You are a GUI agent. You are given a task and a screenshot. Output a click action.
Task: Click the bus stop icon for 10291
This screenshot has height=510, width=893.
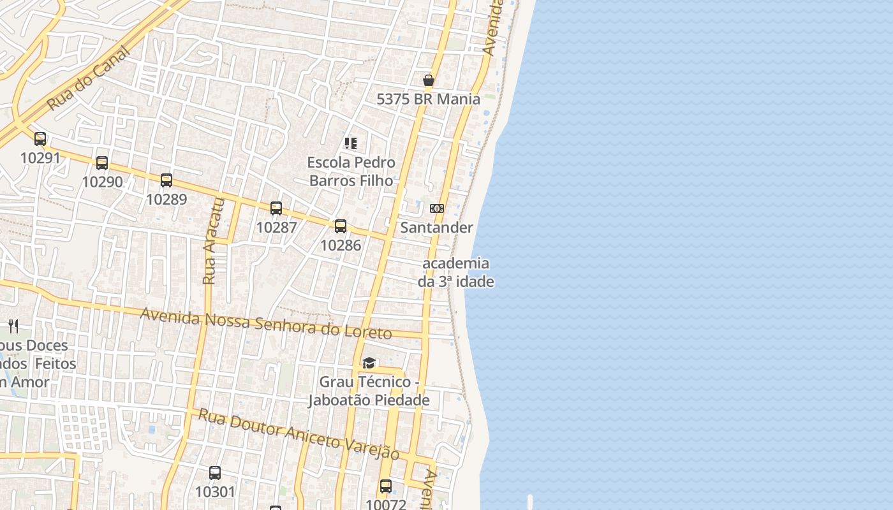pyautogui.click(x=40, y=138)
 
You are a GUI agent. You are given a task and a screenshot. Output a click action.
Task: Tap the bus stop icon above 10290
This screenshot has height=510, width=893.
pyautogui.click(x=102, y=163)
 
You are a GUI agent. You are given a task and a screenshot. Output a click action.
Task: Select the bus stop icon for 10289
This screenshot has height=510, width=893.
pyautogui.click(x=166, y=180)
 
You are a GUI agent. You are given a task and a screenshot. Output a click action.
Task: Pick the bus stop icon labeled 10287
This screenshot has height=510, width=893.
pyautogui.click(x=276, y=208)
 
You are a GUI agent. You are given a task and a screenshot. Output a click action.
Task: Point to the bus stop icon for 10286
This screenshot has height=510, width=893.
pyautogui.click(x=341, y=226)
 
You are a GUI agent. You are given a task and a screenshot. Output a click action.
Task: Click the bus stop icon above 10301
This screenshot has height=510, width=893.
pyautogui.click(x=215, y=473)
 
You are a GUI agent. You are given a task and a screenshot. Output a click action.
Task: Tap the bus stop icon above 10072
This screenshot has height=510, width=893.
pyautogui.click(x=386, y=486)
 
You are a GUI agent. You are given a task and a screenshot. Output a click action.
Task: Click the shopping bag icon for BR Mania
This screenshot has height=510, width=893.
pyautogui.click(x=429, y=80)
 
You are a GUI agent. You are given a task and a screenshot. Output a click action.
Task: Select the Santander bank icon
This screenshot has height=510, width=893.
pyautogui.click(x=437, y=208)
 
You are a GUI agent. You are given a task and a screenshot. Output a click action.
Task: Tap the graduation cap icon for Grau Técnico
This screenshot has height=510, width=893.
pyautogui.click(x=369, y=363)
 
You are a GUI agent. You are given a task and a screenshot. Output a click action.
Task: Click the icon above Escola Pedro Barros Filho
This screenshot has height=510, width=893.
pyautogui.click(x=351, y=143)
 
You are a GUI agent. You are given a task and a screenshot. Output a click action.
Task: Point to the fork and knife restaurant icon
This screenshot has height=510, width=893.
pyautogui.click(x=13, y=326)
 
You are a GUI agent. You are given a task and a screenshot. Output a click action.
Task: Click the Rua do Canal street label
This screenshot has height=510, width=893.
pyautogui.click(x=89, y=78)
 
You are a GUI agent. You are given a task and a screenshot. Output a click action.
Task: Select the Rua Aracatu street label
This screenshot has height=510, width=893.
pyautogui.click(x=213, y=241)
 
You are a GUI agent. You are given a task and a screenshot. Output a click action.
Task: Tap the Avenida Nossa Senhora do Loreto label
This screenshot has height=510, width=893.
pyautogui.click(x=265, y=323)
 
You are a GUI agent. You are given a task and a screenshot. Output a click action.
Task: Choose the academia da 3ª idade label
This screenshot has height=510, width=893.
pyautogui.click(x=456, y=272)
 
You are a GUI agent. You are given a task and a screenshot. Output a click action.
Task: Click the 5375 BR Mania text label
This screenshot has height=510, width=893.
pyautogui.click(x=428, y=99)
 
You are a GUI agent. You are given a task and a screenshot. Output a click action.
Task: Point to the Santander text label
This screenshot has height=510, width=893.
pyautogui.click(x=436, y=228)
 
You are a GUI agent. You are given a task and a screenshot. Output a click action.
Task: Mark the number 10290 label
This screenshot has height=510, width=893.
pyautogui.click(x=102, y=182)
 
